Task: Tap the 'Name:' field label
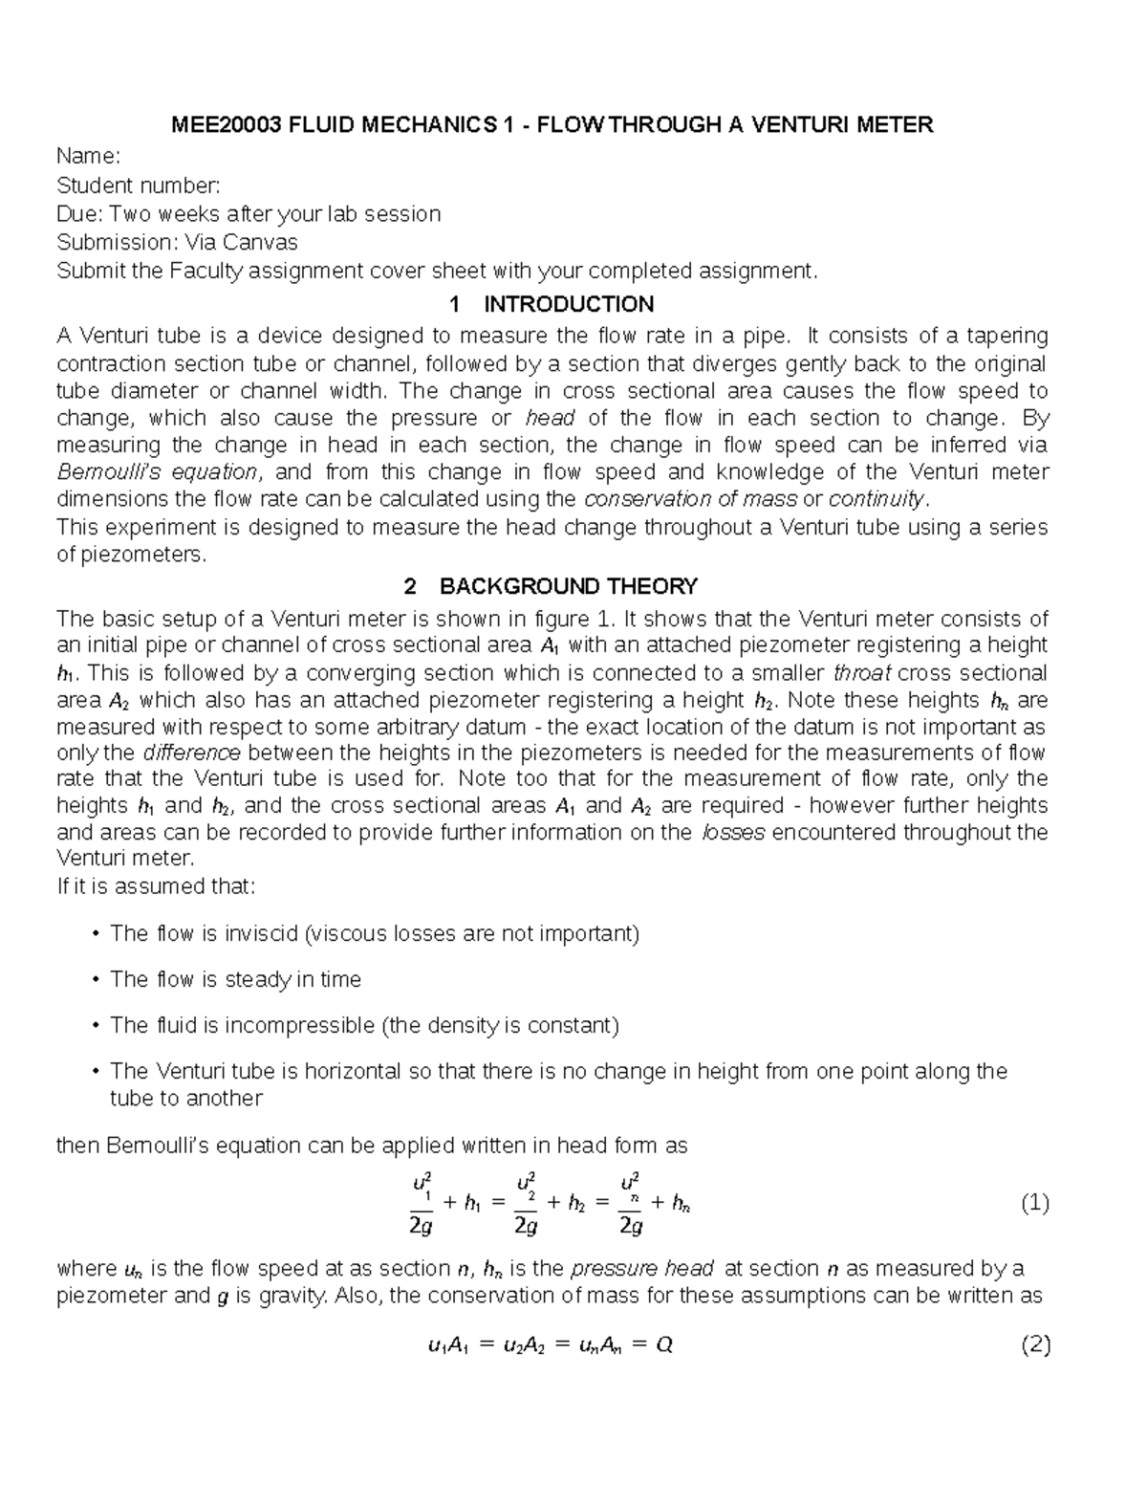(x=89, y=156)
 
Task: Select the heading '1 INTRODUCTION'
(x=552, y=304)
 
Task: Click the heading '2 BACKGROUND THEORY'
(x=552, y=586)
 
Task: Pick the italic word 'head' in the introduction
(x=551, y=418)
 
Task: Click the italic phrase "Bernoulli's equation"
(x=157, y=472)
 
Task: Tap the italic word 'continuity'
(x=876, y=499)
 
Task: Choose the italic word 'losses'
(x=733, y=832)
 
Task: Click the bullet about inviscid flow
(x=374, y=933)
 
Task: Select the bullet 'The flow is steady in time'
(x=235, y=979)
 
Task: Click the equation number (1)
(x=1035, y=1203)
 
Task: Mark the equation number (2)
(x=1035, y=1345)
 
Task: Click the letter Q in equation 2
(x=665, y=1345)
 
